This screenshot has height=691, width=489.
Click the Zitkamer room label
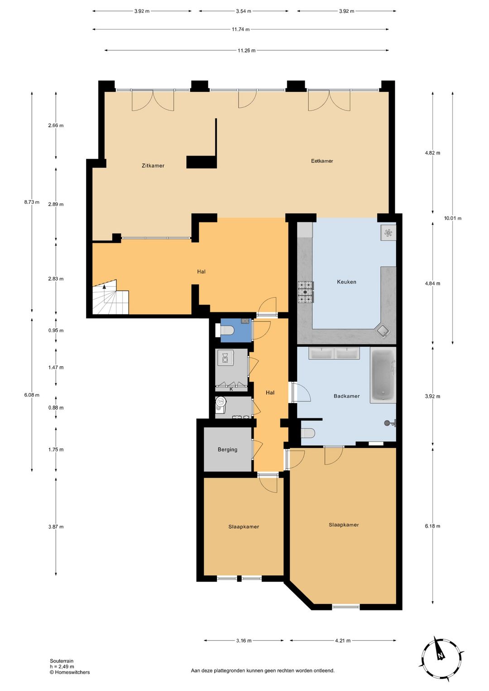click(153, 166)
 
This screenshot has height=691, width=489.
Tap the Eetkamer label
click(322, 161)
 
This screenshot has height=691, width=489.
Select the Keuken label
click(346, 282)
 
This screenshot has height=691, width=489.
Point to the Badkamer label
click(346, 396)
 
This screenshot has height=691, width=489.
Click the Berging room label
click(227, 450)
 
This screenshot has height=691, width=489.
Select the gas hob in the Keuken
click(306, 292)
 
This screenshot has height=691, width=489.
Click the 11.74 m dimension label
click(240, 29)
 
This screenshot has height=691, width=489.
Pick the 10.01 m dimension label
click(453, 218)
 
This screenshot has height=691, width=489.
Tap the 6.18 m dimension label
click(432, 526)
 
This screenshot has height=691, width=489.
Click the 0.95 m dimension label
click(56, 331)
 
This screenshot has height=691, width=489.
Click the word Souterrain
click(62, 661)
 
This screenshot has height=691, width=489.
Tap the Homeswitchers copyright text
click(70, 672)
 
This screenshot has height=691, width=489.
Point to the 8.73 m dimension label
click(32, 202)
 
